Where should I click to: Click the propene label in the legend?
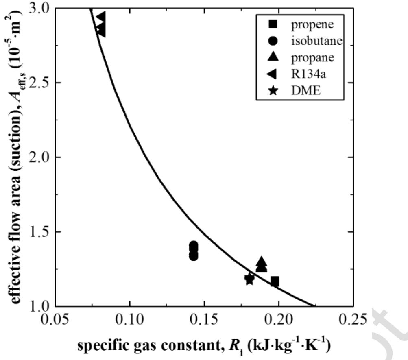(312, 24)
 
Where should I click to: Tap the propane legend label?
(312, 57)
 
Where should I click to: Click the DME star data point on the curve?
(249, 279)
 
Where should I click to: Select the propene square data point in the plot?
(275, 281)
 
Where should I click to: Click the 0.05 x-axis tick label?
(55, 319)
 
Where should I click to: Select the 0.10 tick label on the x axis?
(129, 319)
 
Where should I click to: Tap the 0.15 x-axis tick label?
(204, 319)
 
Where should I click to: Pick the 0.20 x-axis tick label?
(279, 319)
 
